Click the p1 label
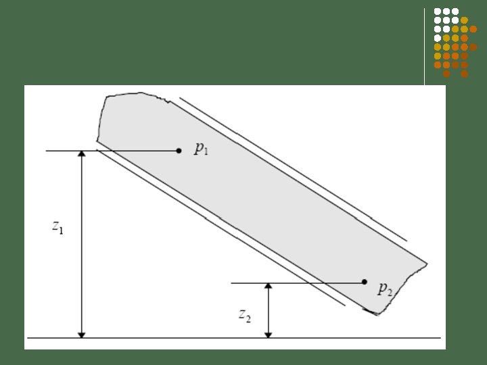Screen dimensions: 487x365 (x=202, y=149)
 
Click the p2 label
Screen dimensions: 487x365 (x=385, y=289)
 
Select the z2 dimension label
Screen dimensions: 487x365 (x=245, y=316)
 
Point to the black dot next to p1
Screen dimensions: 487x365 (x=179, y=151)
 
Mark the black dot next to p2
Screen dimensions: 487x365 (x=365, y=282)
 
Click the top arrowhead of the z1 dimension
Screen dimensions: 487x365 (x=81, y=153)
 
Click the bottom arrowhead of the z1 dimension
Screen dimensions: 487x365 (x=81, y=335)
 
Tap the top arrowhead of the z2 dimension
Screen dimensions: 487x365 (x=268, y=286)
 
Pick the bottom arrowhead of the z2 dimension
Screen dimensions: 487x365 (x=268, y=335)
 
